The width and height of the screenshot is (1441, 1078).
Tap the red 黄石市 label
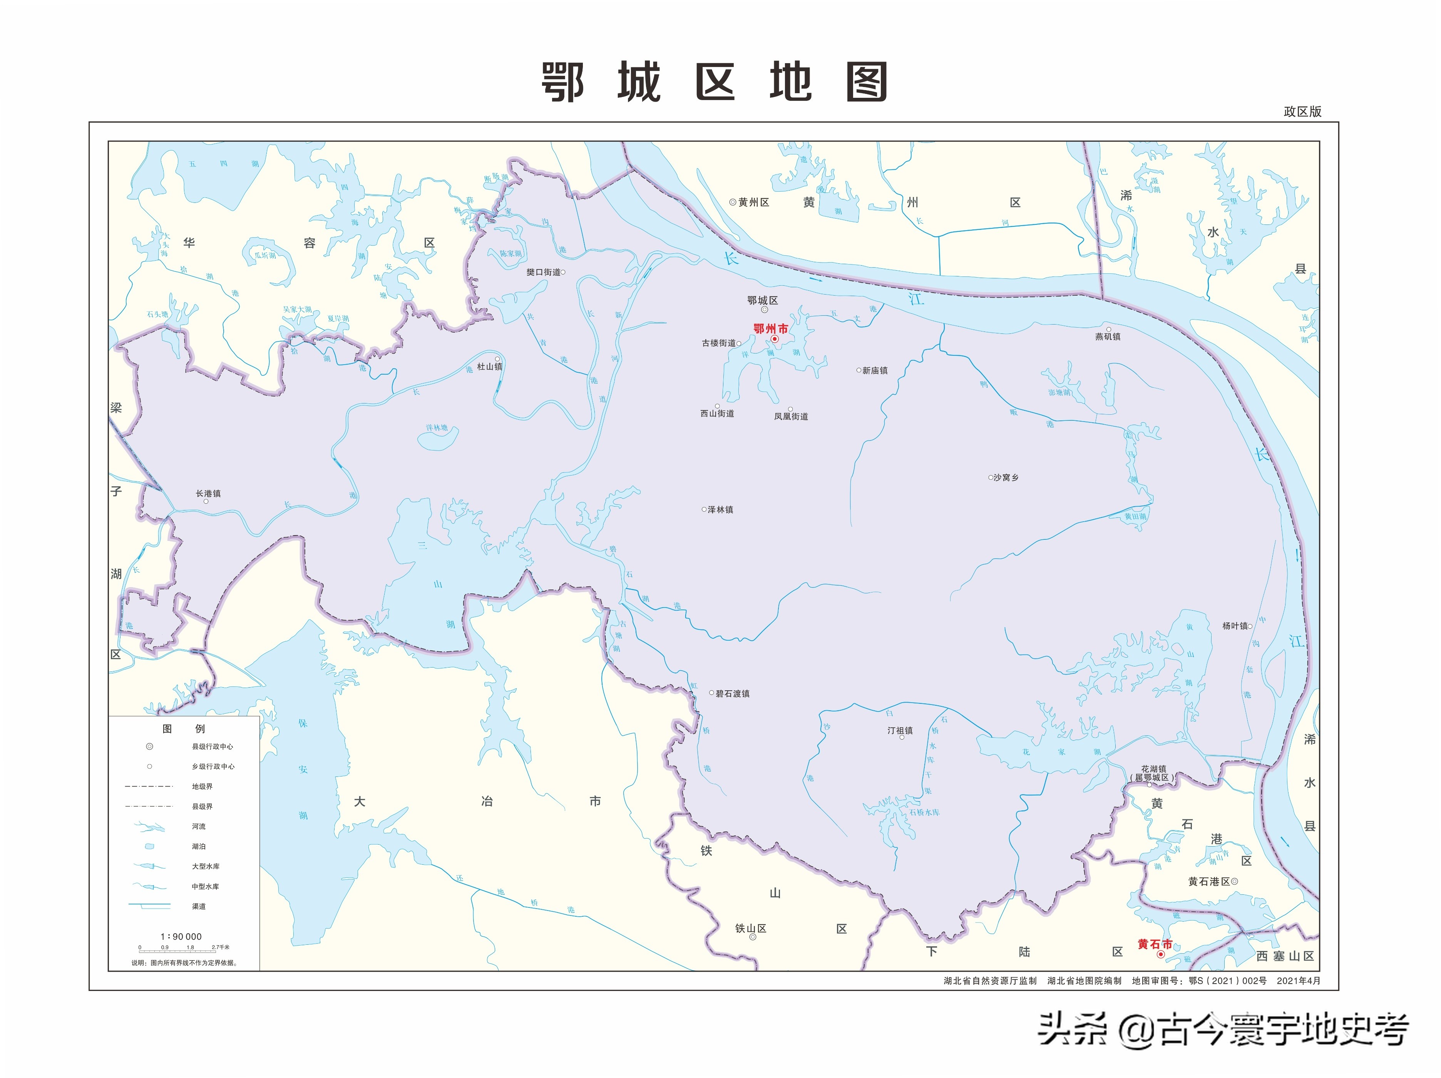coord(1154,944)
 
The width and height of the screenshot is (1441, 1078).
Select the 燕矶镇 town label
coord(1108,337)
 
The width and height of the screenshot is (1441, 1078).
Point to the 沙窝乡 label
coord(1006,477)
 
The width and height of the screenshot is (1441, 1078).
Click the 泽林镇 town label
coord(720,509)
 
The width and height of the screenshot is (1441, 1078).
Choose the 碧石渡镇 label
coord(732,694)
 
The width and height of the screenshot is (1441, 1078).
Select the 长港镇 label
coord(208,494)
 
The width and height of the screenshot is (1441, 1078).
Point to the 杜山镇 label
coord(489,367)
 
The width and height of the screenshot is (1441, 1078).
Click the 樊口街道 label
coord(543,272)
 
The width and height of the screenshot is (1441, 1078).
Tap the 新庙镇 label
coord(874,371)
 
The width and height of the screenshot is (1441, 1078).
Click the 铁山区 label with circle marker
coord(750,929)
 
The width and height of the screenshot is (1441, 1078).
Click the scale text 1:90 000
coord(181,937)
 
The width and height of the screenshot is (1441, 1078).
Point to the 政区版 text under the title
coord(1302,111)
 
